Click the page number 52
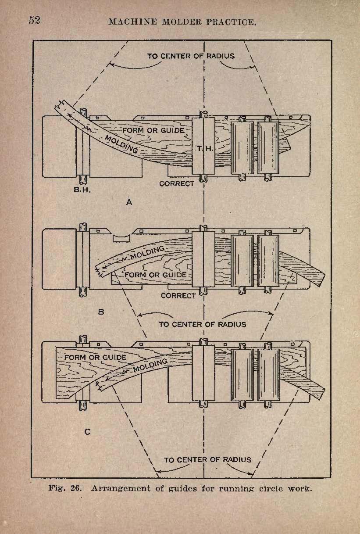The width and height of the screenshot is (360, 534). click(x=35, y=20)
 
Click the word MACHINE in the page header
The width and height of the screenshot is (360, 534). click(x=133, y=22)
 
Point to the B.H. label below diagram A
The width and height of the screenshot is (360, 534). click(x=82, y=190)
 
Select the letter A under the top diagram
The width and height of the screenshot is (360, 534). click(x=129, y=202)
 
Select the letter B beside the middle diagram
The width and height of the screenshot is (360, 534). click(x=101, y=312)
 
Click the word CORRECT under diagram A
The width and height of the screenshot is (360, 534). click(x=177, y=184)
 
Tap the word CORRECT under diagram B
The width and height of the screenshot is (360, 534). click(x=178, y=296)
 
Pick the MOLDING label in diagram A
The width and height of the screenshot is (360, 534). click(x=121, y=144)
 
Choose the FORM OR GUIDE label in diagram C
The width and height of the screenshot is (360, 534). click(x=95, y=357)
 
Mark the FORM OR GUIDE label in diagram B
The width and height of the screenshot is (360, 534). click(x=155, y=275)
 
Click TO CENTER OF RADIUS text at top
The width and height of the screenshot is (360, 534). click(x=191, y=56)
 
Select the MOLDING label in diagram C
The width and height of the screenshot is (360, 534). click(x=150, y=366)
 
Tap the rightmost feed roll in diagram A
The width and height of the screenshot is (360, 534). click(x=268, y=148)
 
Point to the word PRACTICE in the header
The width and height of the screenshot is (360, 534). click(x=231, y=22)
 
